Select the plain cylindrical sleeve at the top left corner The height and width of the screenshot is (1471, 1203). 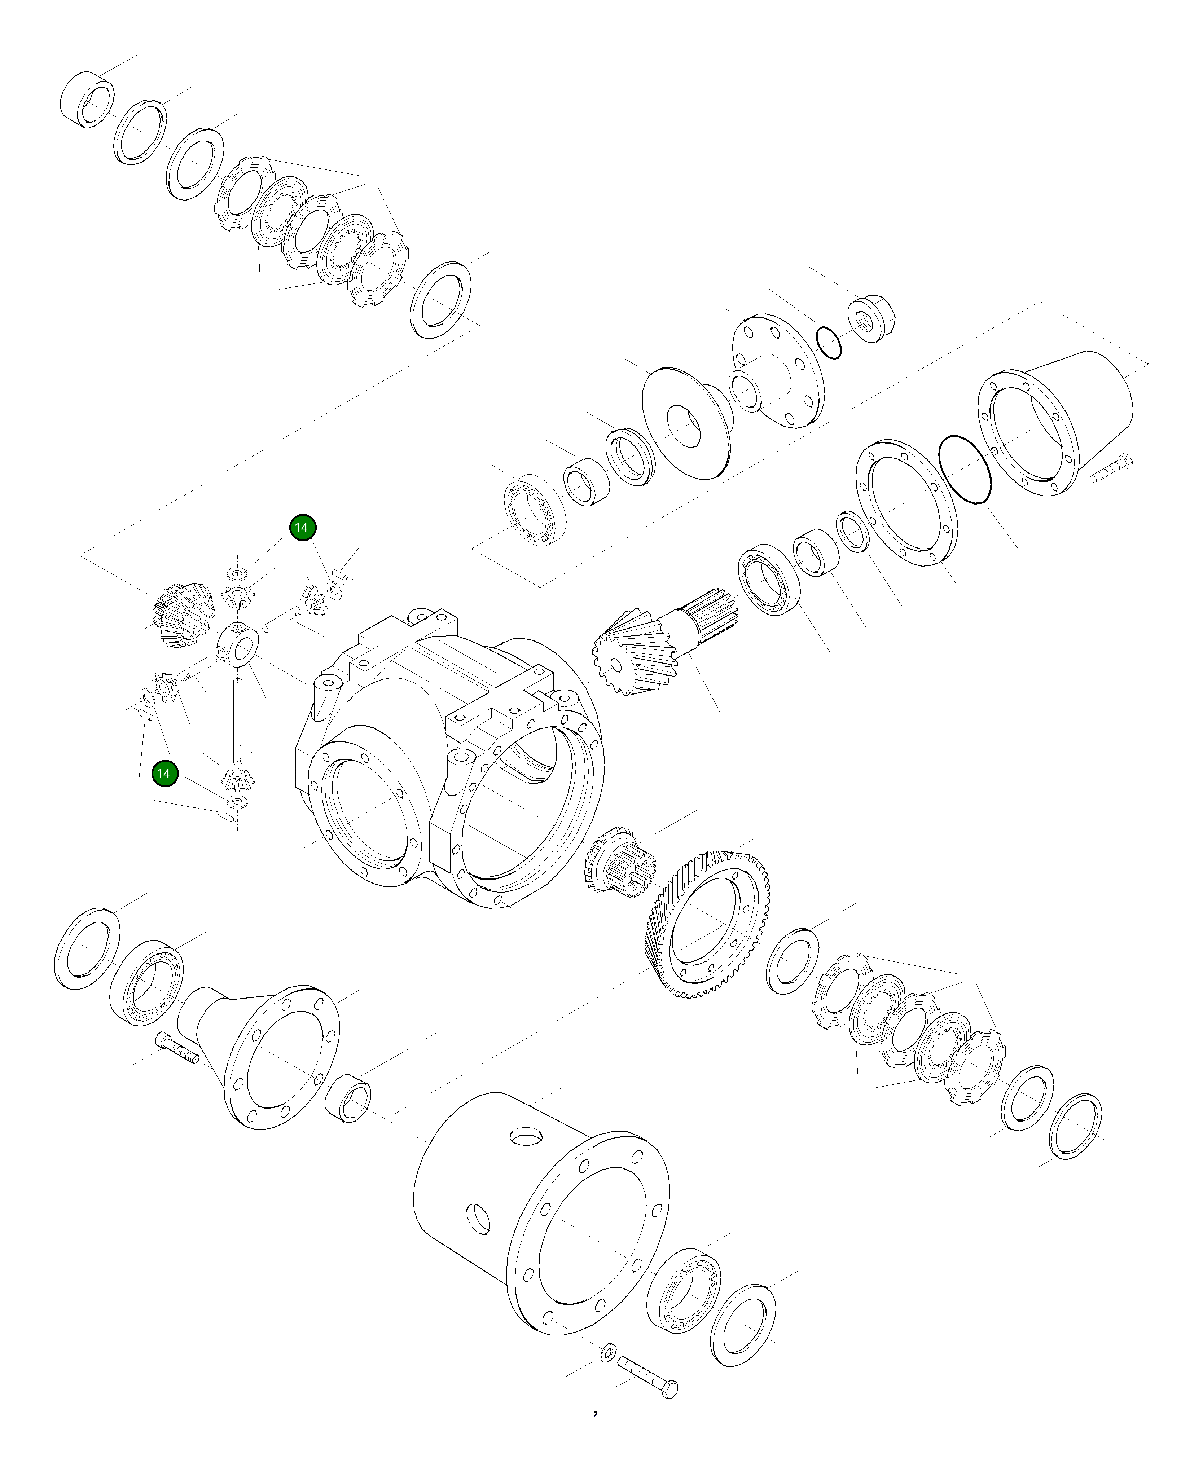click(88, 99)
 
